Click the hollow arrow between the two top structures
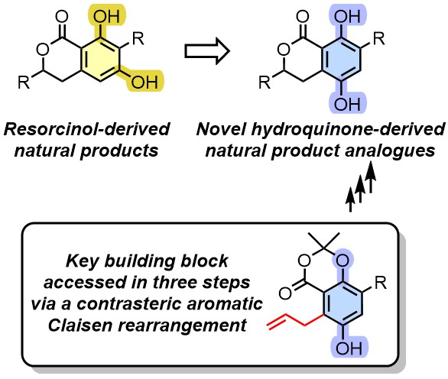[207, 51]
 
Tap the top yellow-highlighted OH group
[106, 16]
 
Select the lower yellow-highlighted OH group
[144, 83]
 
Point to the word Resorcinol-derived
[87, 129]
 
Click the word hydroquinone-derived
[348, 129]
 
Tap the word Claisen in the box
[79, 325]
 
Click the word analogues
[390, 151]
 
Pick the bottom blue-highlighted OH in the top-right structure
[347, 104]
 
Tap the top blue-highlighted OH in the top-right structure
[347, 16]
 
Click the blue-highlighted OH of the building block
[349, 348]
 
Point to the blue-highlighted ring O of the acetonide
[343, 261]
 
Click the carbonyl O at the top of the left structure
[62, 16]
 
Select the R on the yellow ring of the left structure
[138, 38]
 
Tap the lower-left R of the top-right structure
[265, 83]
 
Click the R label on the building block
[380, 283]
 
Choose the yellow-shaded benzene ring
[100, 59]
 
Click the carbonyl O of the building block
[284, 293]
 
